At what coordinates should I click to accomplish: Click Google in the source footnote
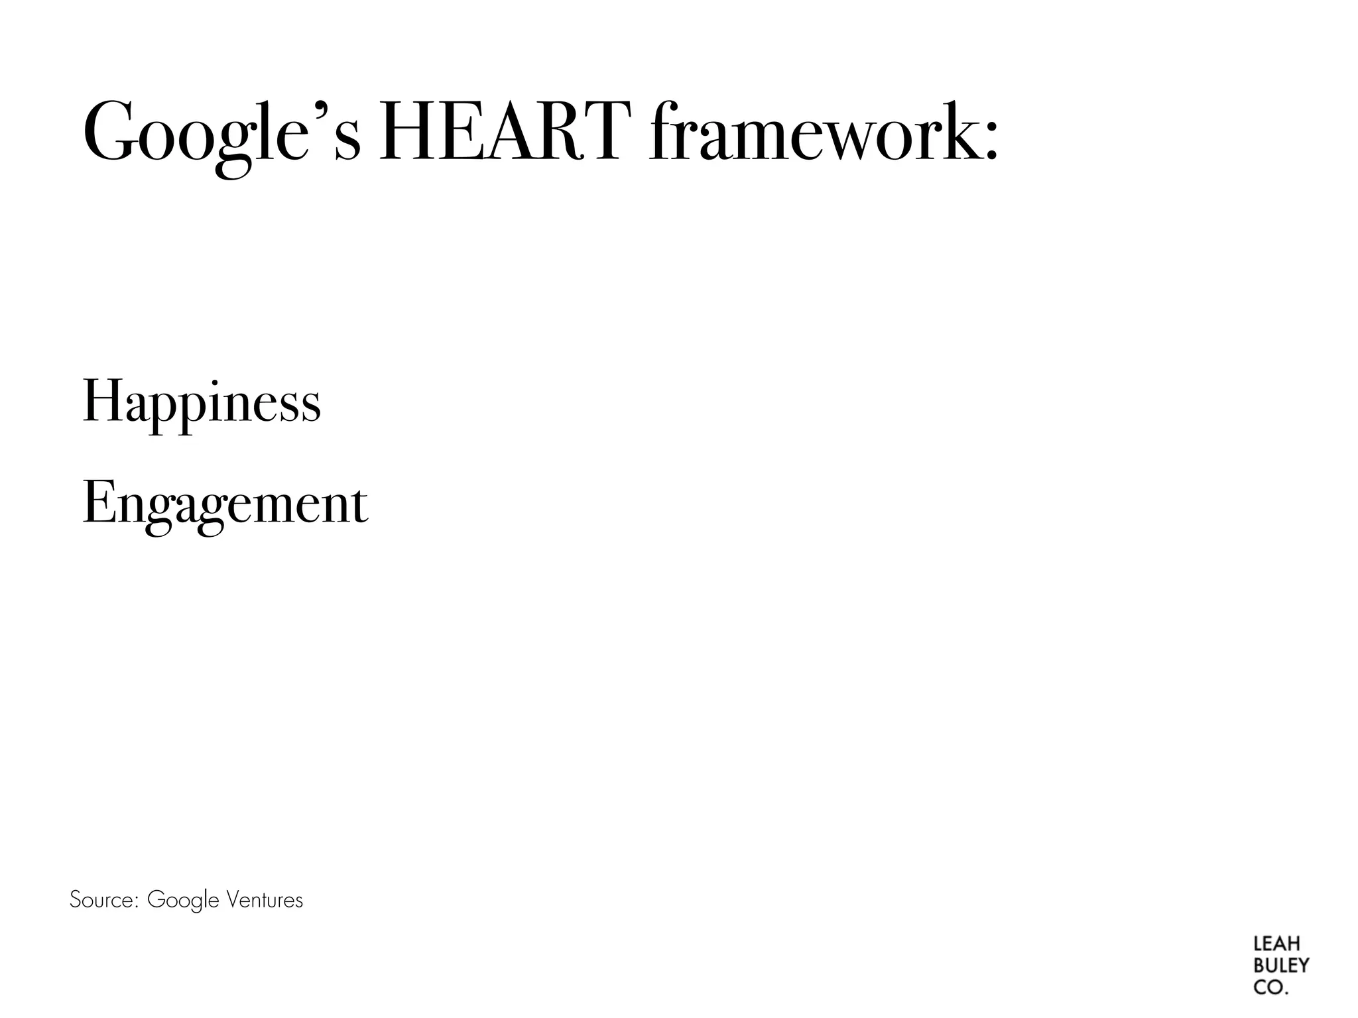[x=183, y=901]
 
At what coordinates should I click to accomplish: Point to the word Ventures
[x=265, y=900]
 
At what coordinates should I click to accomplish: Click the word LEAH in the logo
[x=1276, y=944]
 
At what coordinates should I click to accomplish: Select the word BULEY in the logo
[x=1281, y=966]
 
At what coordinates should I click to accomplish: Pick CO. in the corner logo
[x=1270, y=988]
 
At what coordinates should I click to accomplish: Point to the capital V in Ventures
[x=233, y=900]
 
